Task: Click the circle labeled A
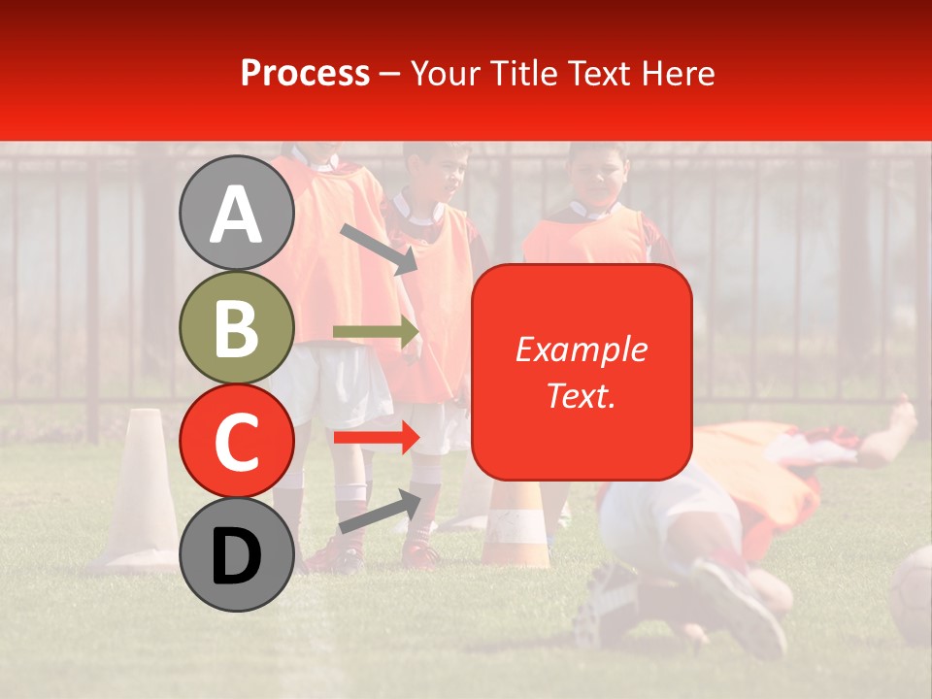point(237,213)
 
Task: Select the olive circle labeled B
point(237,327)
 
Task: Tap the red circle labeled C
point(237,441)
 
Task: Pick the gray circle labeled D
point(237,555)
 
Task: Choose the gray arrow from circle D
point(380,513)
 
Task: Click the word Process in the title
point(305,73)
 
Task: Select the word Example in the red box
point(581,349)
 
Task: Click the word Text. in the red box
point(581,395)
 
